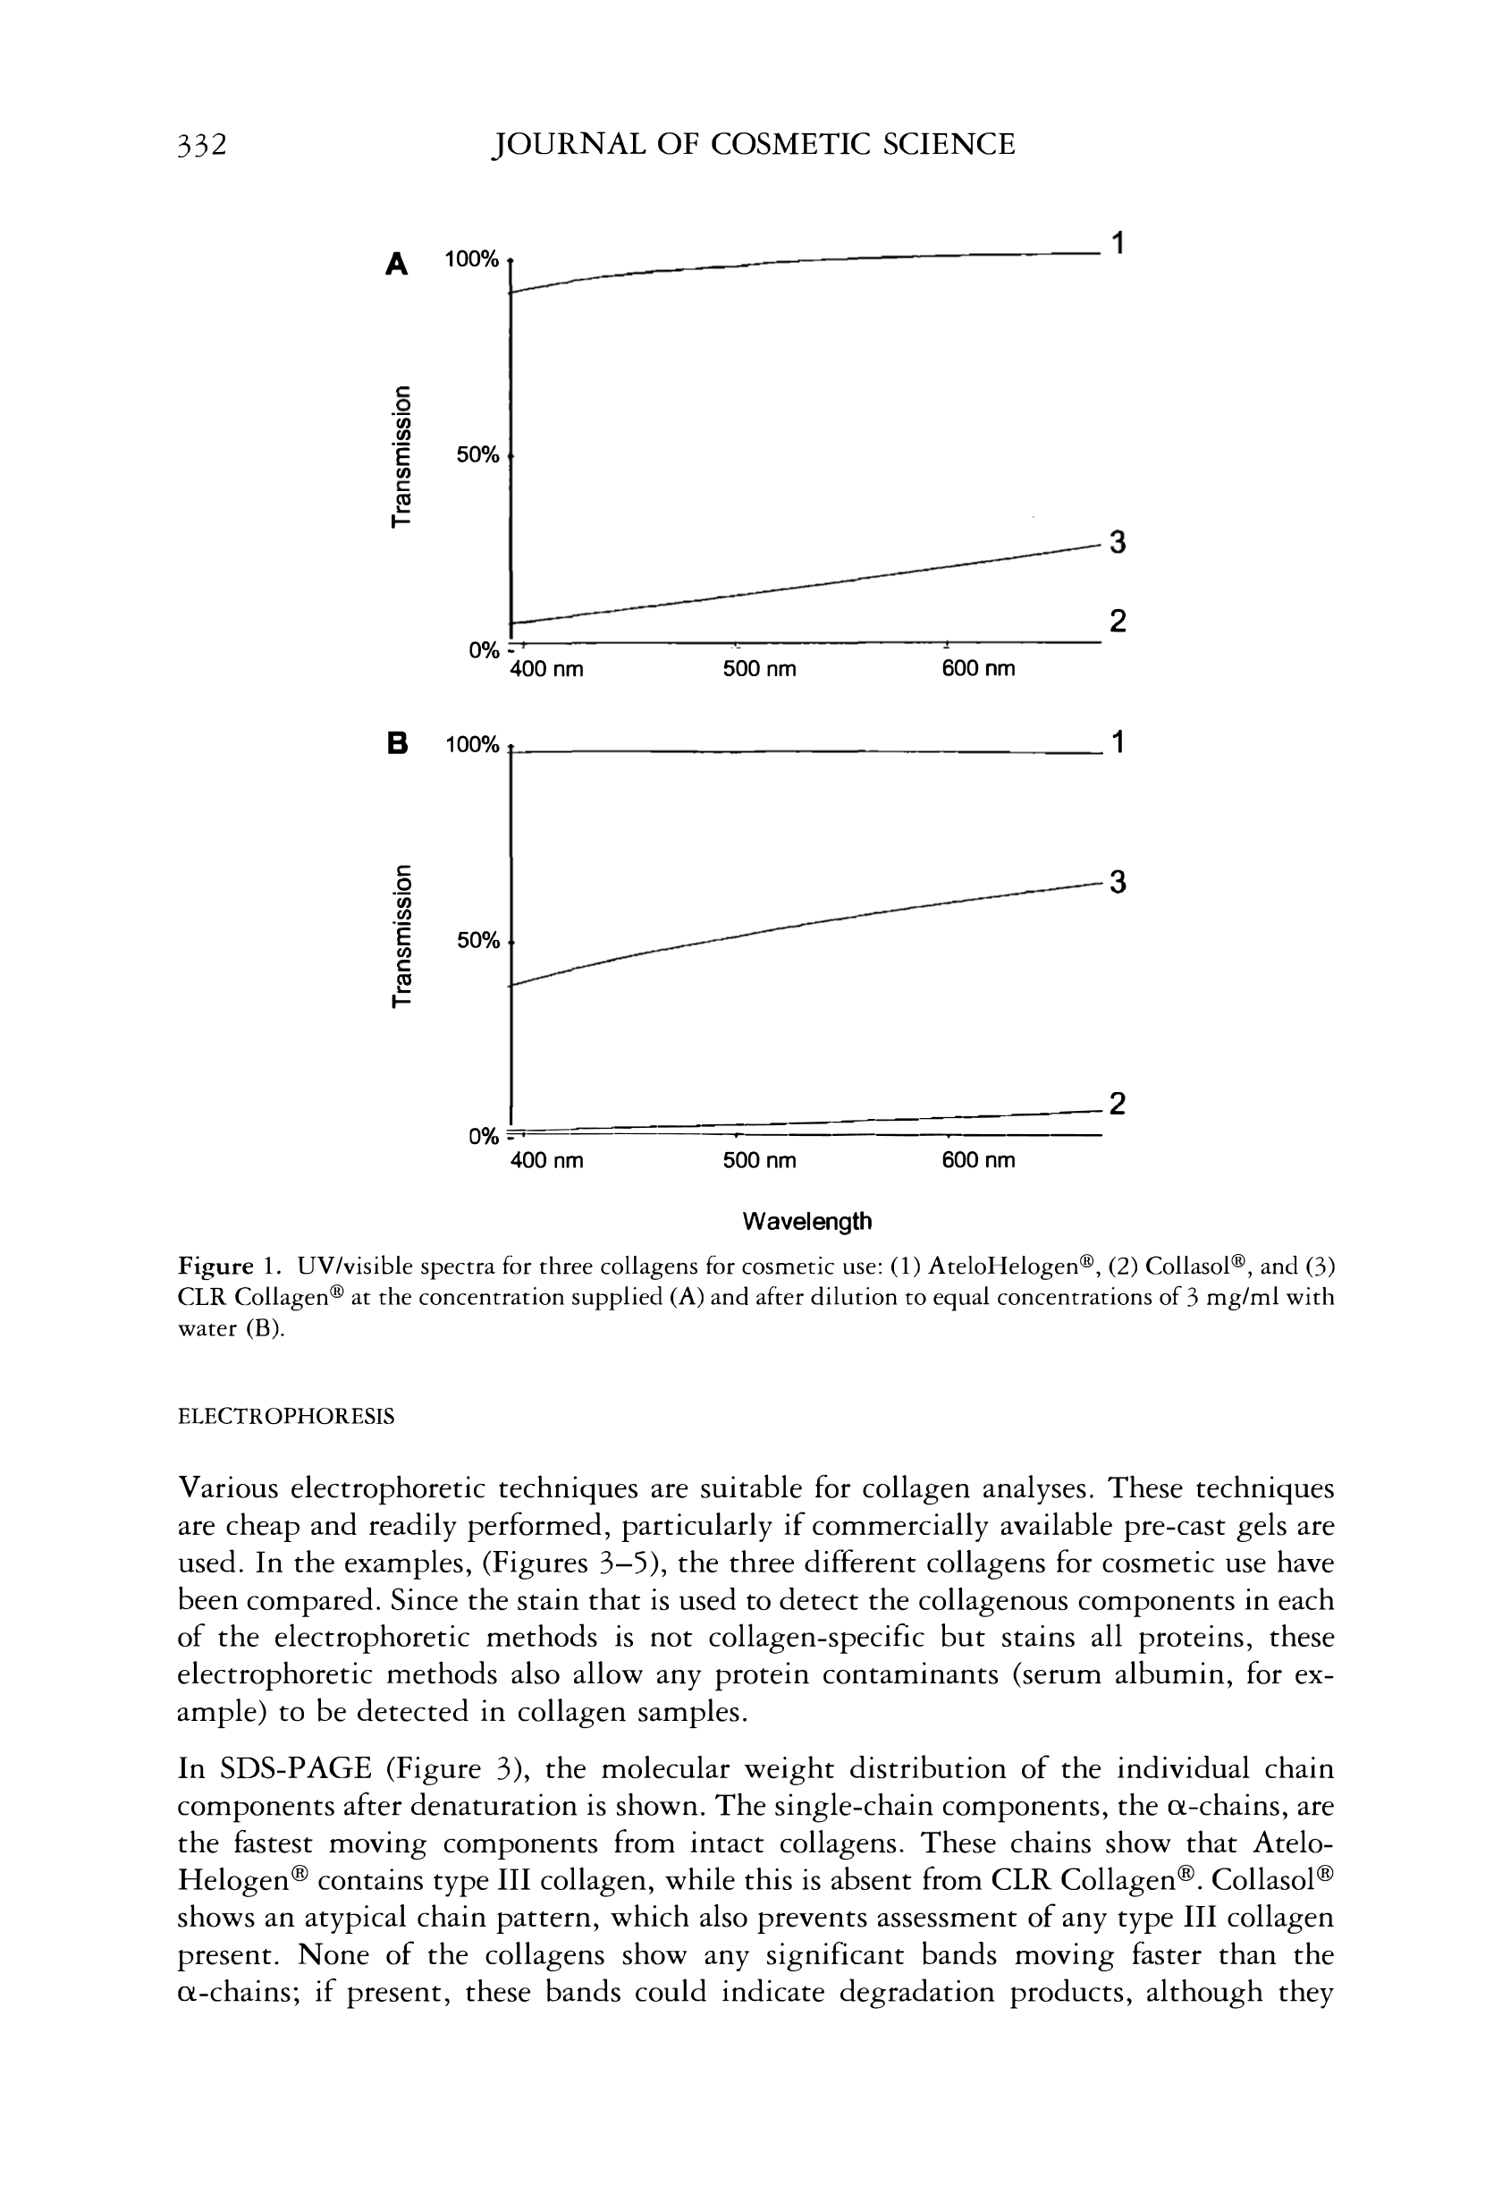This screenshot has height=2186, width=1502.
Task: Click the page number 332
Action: [x=202, y=144]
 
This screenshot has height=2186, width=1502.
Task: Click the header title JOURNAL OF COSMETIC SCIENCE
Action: [x=754, y=144]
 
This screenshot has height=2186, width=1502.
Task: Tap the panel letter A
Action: [x=398, y=264]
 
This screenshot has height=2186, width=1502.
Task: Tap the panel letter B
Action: [x=398, y=744]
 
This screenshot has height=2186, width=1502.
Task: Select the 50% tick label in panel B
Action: [x=477, y=940]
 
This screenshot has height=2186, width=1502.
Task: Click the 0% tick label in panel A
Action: [x=483, y=649]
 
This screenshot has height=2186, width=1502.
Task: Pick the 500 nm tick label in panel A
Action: [x=759, y=669]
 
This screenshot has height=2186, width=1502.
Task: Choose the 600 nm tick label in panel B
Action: [x=978, y=1161]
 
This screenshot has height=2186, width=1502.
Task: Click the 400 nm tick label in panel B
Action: [x=547, y=1161]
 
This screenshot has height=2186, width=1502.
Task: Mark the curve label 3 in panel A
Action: [x=1117, y=543]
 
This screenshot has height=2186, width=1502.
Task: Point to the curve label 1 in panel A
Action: [x=1117, y=244]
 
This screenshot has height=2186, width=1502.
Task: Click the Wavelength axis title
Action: [x=806, y=1221]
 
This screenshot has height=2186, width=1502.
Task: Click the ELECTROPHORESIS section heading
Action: [x=286, y=1416]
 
